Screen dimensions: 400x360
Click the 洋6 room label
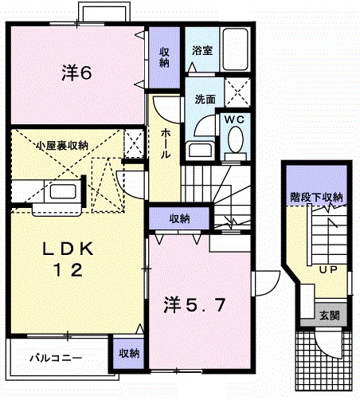(x=78, y=73)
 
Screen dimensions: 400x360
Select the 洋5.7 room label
(x=196, y=304)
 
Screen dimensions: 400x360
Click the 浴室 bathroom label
(x=202, y=51)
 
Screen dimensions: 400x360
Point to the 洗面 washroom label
(x=205, y=100)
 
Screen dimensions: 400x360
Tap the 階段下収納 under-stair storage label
(x=315, y=197)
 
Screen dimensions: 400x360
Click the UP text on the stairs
(x=327, y=269)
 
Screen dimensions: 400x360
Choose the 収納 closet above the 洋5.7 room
(x=179, y=218)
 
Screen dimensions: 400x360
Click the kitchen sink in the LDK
(x=61, y=192)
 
